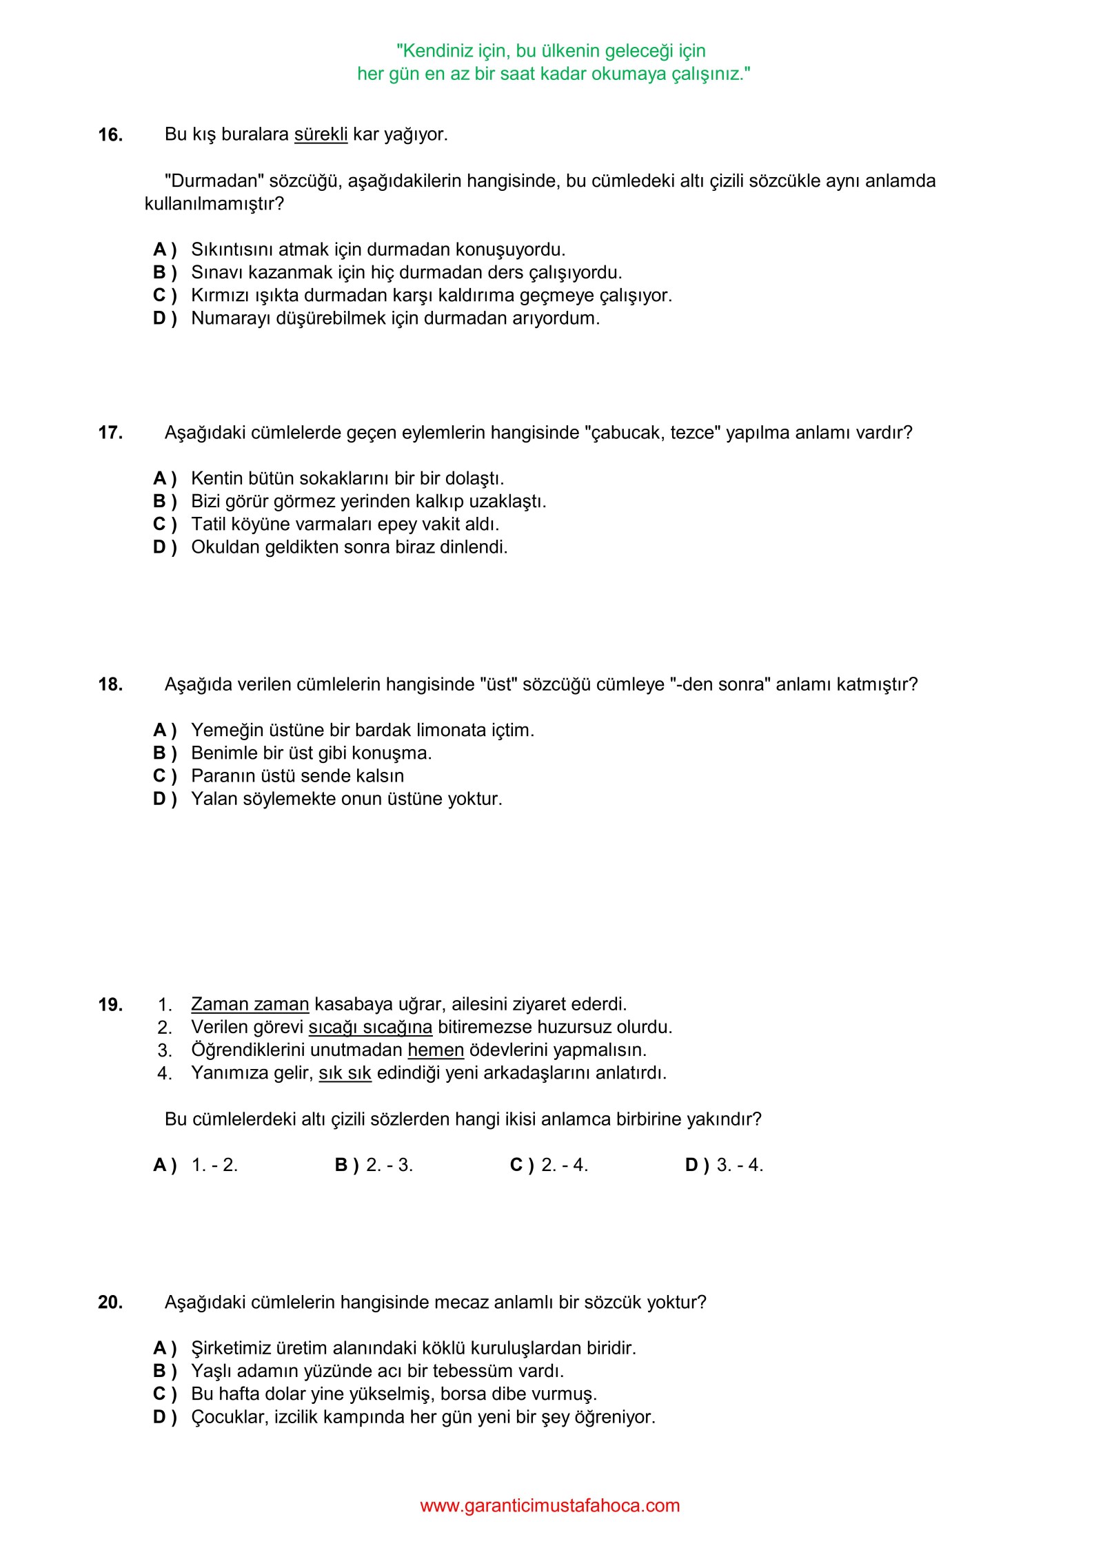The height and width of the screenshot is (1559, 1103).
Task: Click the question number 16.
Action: point(110,135)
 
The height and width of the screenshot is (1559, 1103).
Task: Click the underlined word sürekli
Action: point(321,134)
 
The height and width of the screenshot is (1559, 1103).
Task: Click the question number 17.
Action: point(110,433)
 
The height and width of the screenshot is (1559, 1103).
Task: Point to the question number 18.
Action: point(110,684)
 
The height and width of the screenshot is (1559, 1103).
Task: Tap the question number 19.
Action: point(110,1005)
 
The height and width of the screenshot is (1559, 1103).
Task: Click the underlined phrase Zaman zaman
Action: point(250,1004)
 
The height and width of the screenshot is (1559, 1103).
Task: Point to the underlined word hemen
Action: point(436,1050)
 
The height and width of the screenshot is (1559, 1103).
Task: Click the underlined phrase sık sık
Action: point(345,1073)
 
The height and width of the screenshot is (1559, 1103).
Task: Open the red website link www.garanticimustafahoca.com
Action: point(550,1505)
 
